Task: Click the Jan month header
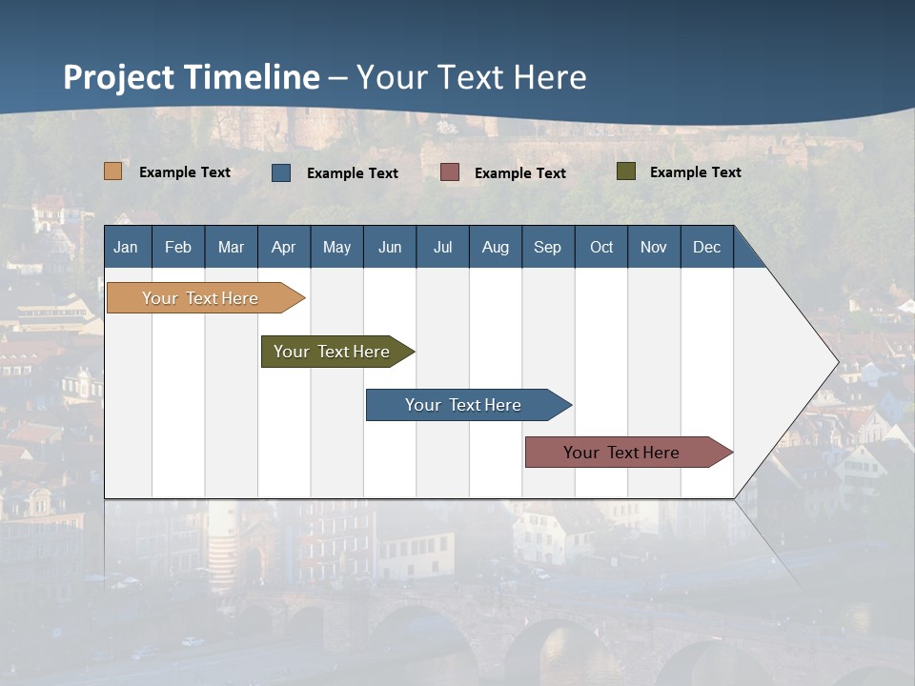click(126, 247)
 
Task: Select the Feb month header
click(178, 247)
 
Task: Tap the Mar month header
click(231, 247)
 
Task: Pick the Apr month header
click(284, 247)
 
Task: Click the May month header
click(336, 247)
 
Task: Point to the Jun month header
click(390, 247)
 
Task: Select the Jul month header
click(442, 247)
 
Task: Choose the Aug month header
click(496, 247)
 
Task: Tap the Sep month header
click(548, 247)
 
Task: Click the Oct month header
click(601, 247)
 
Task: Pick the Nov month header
click(654, 247)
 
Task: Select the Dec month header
click(707, 247)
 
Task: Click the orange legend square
click(113, 171)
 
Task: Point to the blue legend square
click(281, 172)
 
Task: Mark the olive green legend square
click(626, 171)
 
